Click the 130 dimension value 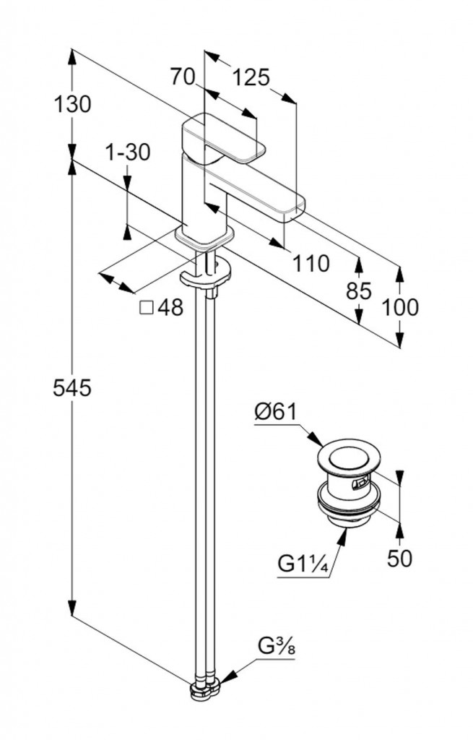click(x=72, y=105)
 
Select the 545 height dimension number click(x=72, y=389)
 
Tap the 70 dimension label click(x=183, y=77)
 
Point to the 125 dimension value click(x=251, y=77)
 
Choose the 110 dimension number click(x=311, y=264)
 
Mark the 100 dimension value click(x=400, y=307)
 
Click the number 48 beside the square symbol click(x=170, y=308)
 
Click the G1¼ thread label click(x=304, y=564)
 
